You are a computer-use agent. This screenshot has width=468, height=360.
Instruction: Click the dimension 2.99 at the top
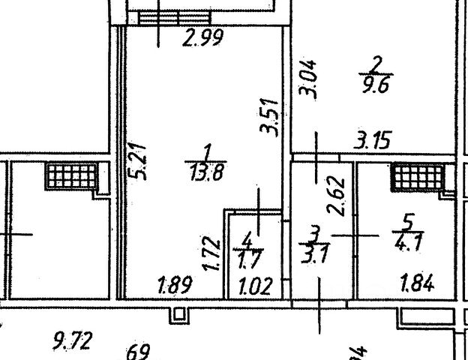(x=203, y=37)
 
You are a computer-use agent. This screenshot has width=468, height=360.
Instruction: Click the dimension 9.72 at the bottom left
(x=72, y=342)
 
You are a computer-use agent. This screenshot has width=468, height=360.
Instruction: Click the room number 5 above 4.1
(x=408, y=222)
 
